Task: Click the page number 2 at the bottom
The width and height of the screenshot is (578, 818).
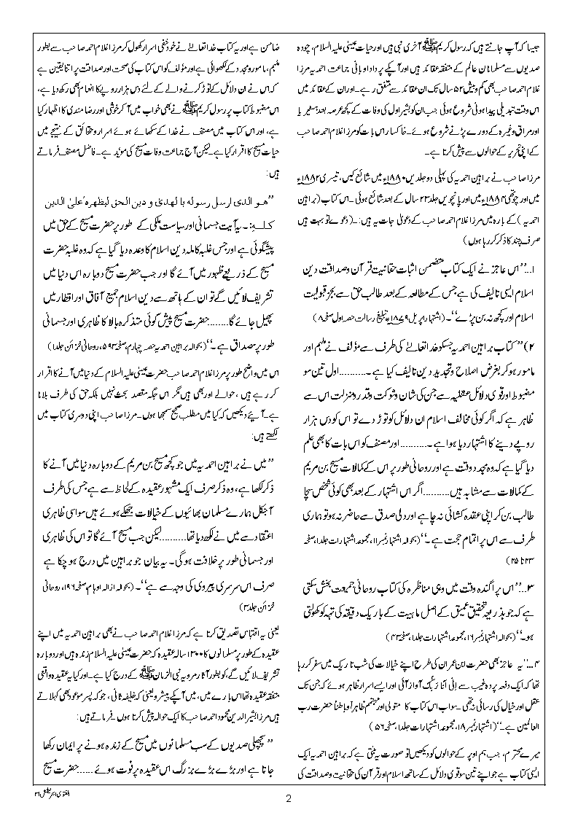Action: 289,798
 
